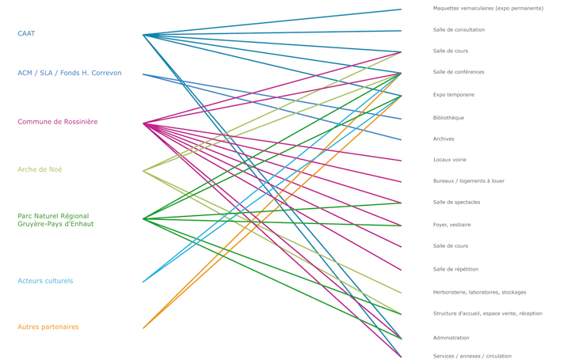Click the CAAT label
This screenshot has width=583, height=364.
(26, 33)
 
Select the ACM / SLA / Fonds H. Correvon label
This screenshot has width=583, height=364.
(70, 73)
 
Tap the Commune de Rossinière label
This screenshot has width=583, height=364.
(58, 122)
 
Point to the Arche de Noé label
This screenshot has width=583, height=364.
(40, 169)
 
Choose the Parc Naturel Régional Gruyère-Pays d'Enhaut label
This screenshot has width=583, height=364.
(55, 220)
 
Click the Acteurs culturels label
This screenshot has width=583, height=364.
(45, 281)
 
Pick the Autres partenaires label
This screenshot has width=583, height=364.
(48, 327)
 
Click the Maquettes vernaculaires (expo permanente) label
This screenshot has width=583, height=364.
(488, 9)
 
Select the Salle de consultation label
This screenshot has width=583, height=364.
(459, 30)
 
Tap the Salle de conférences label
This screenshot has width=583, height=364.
(459, 72)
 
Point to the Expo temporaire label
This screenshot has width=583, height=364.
(454, 95)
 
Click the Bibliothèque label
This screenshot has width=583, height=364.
(448, 118)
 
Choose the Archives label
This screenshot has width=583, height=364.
(444, 139)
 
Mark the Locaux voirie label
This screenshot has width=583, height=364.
(450, 160)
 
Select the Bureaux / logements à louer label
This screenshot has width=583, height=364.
(469, 181)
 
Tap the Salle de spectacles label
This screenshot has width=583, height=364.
(457, 203)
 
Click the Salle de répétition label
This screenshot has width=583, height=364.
(455, 269)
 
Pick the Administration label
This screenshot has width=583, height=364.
(451, 338)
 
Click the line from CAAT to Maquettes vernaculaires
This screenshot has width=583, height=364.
(269, 22)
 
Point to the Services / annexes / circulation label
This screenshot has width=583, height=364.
(472, 356)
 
